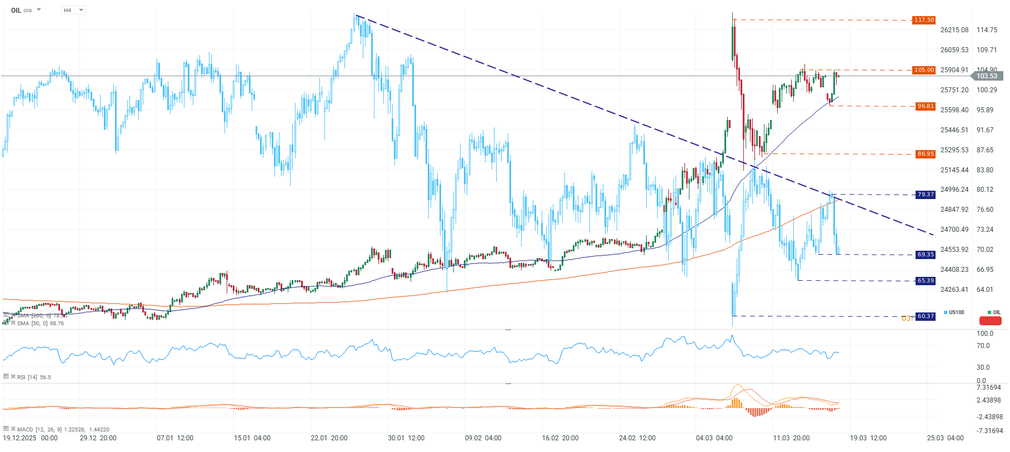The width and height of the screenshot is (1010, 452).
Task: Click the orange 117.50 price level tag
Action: [x=924, y=20]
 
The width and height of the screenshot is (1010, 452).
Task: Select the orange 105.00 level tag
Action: [x=924, y=70]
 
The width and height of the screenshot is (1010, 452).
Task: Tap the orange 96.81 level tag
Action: [x=926, y=106]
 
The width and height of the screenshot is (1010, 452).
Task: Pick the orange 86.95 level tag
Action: [x=926, y=154]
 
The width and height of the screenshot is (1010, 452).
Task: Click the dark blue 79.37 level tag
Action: [x=926, y=195]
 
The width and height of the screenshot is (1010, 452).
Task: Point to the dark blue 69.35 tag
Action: [x=926, y=255]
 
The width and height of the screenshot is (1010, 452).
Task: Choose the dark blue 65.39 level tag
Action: [x=926, y=281]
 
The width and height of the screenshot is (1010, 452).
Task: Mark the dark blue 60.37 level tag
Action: [x=926, y=316]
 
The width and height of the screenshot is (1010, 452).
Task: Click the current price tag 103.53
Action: [x=987, y=76]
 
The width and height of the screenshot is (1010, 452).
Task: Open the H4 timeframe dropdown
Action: [x=73, y=10]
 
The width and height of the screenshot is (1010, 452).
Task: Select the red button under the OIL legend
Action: [x=990, y=321]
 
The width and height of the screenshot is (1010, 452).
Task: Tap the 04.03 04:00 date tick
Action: [x=714, y=438]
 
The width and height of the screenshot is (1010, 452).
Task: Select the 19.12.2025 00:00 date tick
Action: [x=30, y=438]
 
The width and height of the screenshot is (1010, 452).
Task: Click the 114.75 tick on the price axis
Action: [x=987, y=30]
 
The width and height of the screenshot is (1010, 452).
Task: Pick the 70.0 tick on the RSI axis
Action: [x=983, y=346]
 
